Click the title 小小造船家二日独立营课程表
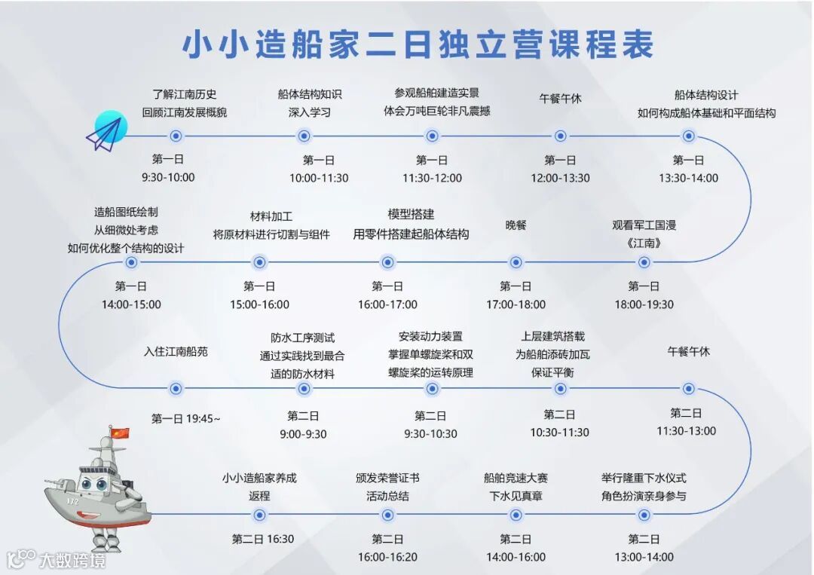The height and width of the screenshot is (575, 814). [418, 45]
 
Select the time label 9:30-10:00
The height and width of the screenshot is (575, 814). [168, 178]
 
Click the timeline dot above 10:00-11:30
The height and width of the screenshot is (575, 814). [304, 136]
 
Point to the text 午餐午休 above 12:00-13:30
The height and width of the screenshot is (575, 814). [560, 99]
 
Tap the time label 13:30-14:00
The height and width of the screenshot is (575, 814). [688, 178]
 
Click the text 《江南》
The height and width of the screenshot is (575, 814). [643, 243]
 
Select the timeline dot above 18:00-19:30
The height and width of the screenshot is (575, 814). [644, 262]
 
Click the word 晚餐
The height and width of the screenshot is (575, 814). [516, 225]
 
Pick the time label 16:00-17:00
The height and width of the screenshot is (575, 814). [387, 304]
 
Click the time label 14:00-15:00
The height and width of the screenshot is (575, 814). [131, 304]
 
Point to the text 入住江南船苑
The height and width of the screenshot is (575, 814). [176, 351]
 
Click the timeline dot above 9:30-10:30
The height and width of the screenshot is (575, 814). [432, 388]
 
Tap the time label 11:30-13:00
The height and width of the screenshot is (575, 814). [686, 431]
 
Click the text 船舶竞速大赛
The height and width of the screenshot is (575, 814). [516, 478]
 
